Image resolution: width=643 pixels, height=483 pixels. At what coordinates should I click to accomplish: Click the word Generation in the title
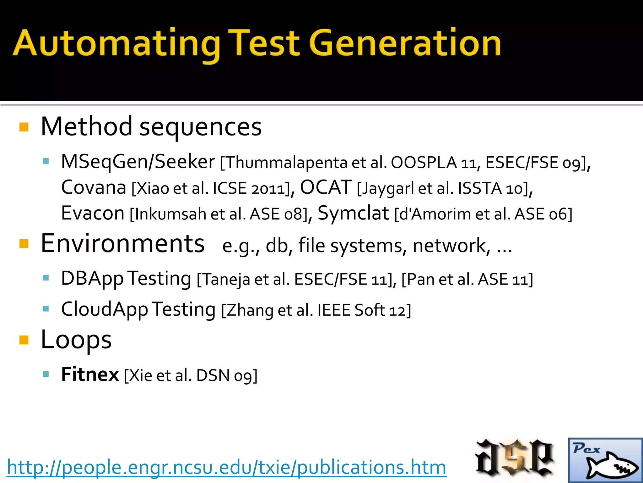[x=405, y=43]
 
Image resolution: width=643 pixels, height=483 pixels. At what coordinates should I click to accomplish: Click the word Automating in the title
[x=116, y=43]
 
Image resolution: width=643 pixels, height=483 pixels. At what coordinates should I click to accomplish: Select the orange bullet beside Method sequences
[x=24, y=127]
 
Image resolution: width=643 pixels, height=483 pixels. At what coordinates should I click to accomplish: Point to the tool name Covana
[x=94, y=187]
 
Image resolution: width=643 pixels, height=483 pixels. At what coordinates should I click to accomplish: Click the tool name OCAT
[x=326, y=187]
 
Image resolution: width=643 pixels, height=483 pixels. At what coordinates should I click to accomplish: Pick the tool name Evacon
[x=93, y=213]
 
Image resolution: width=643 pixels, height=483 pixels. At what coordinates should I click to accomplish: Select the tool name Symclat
[x=353, y=213]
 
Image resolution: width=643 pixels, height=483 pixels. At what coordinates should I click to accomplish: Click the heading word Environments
[x=123, y=244]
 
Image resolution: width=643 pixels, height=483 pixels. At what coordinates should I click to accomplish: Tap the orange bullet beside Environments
[x=24, y=244]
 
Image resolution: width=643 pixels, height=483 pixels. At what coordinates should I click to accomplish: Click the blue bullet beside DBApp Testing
[x=46, y=278]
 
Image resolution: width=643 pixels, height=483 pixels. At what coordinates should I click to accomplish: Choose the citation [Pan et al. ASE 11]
[x=467, y=279]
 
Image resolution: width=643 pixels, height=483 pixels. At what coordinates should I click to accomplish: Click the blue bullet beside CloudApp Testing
[x=46, y=308]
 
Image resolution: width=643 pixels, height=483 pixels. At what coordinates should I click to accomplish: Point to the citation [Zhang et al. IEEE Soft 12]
[x=316, y=310]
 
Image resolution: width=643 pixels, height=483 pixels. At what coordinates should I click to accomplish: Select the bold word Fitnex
[x=90, y=374]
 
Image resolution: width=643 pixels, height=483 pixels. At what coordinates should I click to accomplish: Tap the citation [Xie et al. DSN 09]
[x=191, y=375]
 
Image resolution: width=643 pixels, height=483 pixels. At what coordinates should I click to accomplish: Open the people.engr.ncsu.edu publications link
[x=226, y=467]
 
